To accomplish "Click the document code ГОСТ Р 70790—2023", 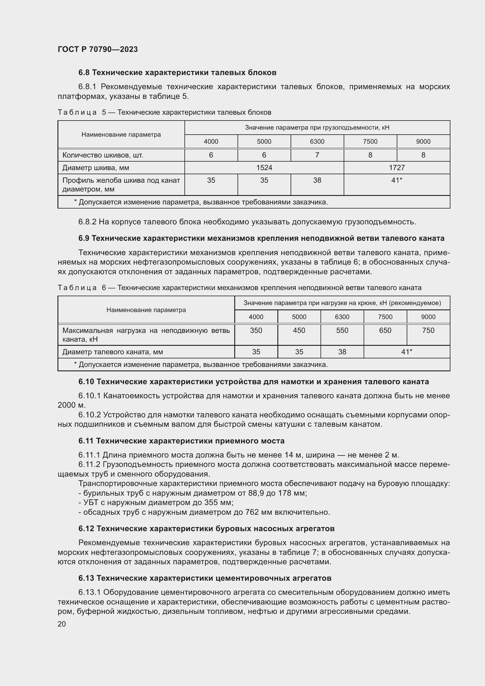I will click(x=98, y=49).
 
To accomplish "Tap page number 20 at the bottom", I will click(x=62, y=624).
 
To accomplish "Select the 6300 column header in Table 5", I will click(x=317, y=142).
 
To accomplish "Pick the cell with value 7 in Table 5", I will click(x=317, y=155).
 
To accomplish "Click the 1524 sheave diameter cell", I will click(x=264, y=168).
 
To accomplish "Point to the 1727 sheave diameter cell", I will click(x=397, y=168).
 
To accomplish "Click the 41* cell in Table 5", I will click(x=397, y=180).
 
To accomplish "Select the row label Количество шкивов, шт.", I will click(x=103, y=155).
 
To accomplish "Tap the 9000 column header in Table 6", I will click(x=428, y=317).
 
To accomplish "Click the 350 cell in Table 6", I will click(x=256, y=331).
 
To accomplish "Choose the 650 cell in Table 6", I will click(x=385, y=331).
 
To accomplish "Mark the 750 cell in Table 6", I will click(x=428, y=331).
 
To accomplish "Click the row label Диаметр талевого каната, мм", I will click(x=113, y=352).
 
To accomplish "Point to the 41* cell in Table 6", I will click(x=406, y=352).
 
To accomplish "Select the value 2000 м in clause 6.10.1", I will click(x=71, y=405).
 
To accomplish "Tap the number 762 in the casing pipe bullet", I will click(x=252, y=512).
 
